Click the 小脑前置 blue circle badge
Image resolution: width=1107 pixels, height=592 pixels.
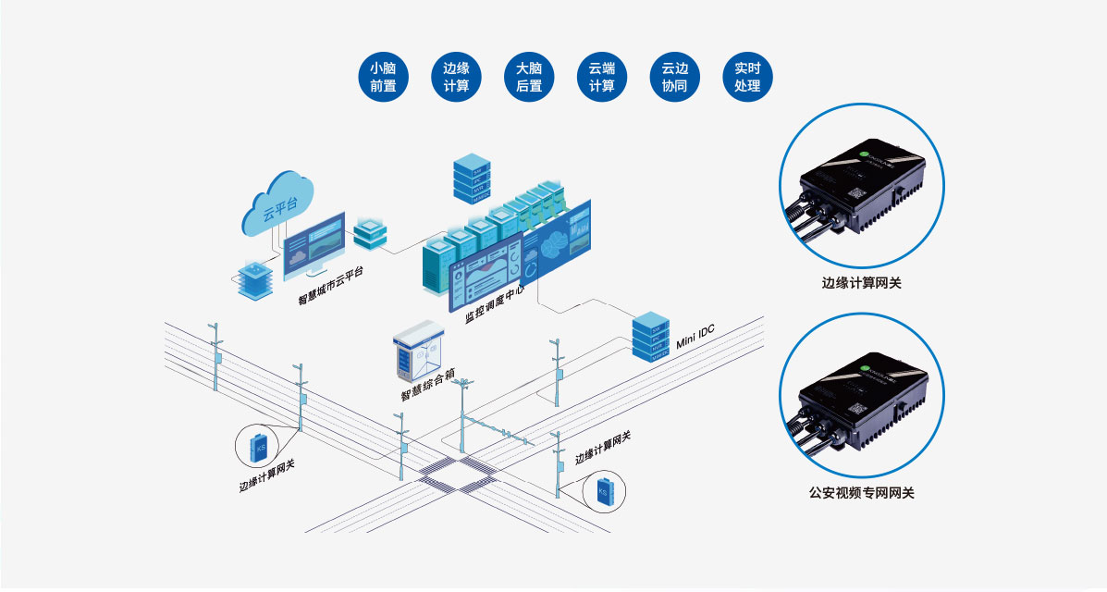[383, 77]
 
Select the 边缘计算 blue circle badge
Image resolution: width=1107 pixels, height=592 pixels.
[456, 77]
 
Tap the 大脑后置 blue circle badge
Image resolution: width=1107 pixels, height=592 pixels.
[529, 77]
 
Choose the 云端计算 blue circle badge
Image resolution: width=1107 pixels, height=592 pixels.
[601, 77]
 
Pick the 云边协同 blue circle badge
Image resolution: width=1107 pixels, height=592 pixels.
[674, 77]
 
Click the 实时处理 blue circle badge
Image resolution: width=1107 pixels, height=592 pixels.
[746, 77]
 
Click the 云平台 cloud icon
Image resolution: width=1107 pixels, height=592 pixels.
[279, 203]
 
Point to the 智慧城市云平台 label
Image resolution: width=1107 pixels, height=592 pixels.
[330, 285]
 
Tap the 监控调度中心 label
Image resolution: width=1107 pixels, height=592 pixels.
[495, 303]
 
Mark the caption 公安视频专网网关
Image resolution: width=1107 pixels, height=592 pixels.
[861, 493]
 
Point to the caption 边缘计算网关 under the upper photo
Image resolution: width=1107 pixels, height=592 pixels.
[861, 282]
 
